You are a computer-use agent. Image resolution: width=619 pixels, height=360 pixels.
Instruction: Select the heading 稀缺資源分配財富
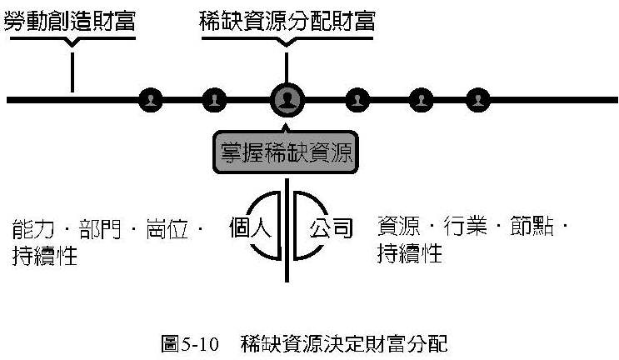point(287,21)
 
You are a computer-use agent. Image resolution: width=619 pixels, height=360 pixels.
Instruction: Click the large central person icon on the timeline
point(287,100)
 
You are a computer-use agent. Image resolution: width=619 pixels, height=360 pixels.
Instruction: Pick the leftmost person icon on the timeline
point(151,100)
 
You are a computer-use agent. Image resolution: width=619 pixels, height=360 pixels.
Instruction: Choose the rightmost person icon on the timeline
point(477,100)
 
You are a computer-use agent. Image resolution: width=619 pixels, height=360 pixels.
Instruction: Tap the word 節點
point(530,227)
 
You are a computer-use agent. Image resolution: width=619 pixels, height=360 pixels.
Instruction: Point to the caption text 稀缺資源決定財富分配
point(343,342)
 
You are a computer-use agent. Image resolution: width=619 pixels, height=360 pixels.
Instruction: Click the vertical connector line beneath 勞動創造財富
point(72,72)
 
